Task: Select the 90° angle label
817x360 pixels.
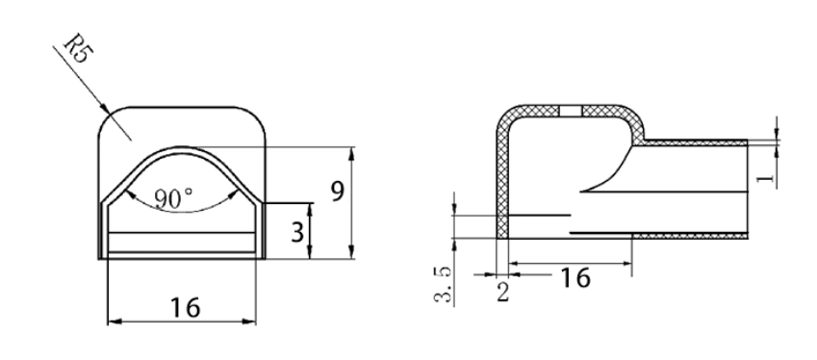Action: point(173,198)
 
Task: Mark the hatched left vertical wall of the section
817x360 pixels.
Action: point(500,183)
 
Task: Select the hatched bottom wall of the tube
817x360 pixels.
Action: point(693,236)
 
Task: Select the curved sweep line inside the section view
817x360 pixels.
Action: point(606,173)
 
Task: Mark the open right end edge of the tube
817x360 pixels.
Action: point(750,189)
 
